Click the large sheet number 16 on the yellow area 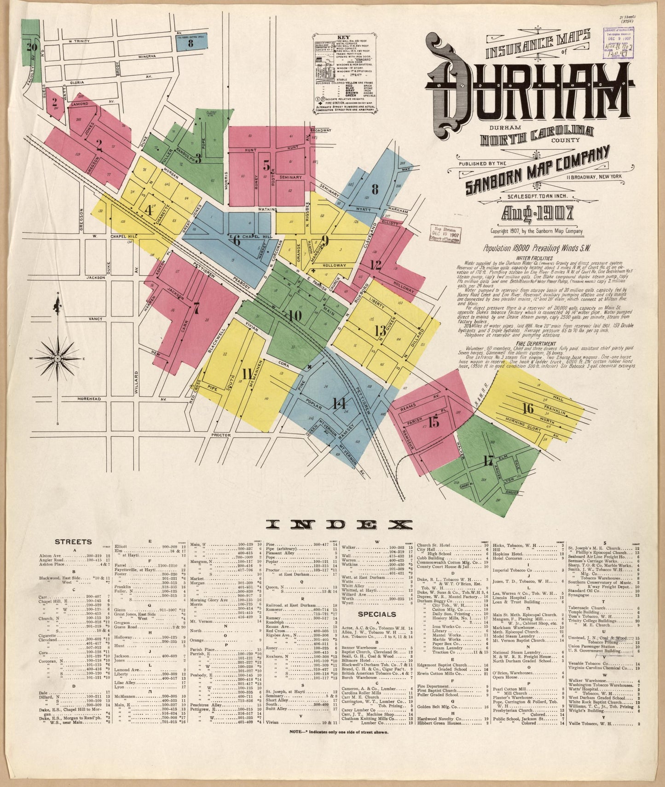[528, 408]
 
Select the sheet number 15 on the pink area [434, 421]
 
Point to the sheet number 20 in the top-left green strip [32, 46]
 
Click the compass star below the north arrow [58, 357]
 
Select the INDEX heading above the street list [340, 524]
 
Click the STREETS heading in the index [73, 542]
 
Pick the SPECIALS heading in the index [377, 614]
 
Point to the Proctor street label [220, 434]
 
